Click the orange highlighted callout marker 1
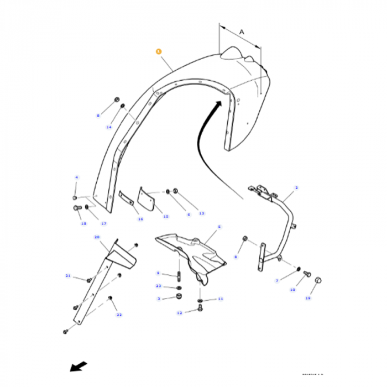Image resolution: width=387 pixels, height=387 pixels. [159, 51]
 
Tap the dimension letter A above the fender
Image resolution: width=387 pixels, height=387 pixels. [242, 33]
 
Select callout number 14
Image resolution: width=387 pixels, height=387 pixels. [109, 127]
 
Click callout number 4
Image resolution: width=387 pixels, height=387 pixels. [77, 177]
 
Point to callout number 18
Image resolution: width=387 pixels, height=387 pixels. [84, 223]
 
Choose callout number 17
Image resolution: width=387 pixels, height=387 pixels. [103, 223]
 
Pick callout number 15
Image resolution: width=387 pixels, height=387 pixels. [166, 216]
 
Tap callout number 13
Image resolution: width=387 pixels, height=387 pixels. [201, 213]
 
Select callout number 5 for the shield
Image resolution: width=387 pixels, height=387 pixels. [219, 227]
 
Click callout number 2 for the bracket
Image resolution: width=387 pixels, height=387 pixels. [296, 188]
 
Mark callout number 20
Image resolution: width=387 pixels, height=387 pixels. [97, 237]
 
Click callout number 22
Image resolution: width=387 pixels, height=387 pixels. [119, 315]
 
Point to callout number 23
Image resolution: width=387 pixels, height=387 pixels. [158, 286]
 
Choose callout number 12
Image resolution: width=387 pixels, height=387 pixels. [179, 313]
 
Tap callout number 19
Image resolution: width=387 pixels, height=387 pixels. [308, 298]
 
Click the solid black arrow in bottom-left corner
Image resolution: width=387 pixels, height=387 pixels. [78, 367]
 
